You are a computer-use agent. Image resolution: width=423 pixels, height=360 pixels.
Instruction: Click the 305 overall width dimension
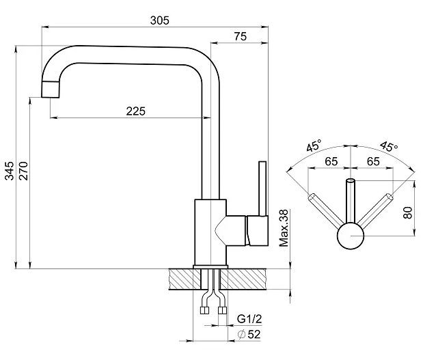click(x=160, y=20)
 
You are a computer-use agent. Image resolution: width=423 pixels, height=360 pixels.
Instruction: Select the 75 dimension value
click(x=240, y=36)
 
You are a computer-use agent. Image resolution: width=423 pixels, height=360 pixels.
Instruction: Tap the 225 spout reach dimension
click(x=136, y=111)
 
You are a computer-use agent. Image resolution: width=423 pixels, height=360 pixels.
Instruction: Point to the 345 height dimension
click(x=10, y=171)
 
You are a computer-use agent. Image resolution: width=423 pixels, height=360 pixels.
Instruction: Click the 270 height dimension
click(x=23, y=171)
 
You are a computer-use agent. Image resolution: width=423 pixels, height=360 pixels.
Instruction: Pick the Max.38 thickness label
click(x=284, y=228)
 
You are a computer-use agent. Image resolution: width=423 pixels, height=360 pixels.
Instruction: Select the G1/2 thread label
click(x=249, y=319)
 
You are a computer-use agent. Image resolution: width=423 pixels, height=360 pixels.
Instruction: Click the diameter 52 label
click(x=249, y=334)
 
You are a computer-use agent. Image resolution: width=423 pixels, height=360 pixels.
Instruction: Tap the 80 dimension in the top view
click(x=407, y=212)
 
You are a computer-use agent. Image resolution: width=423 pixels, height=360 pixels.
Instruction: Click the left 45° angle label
click(x=314, y=146)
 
